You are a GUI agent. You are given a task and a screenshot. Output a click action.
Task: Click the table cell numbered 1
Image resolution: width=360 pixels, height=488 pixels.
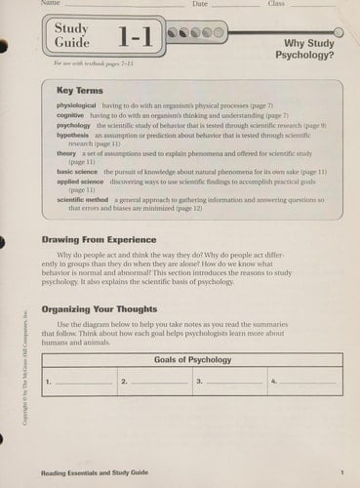[79, 381]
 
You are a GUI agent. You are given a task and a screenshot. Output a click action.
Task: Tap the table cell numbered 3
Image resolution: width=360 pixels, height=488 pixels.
[229, 381]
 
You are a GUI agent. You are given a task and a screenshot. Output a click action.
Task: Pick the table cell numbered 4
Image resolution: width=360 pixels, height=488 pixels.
[304, 381]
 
